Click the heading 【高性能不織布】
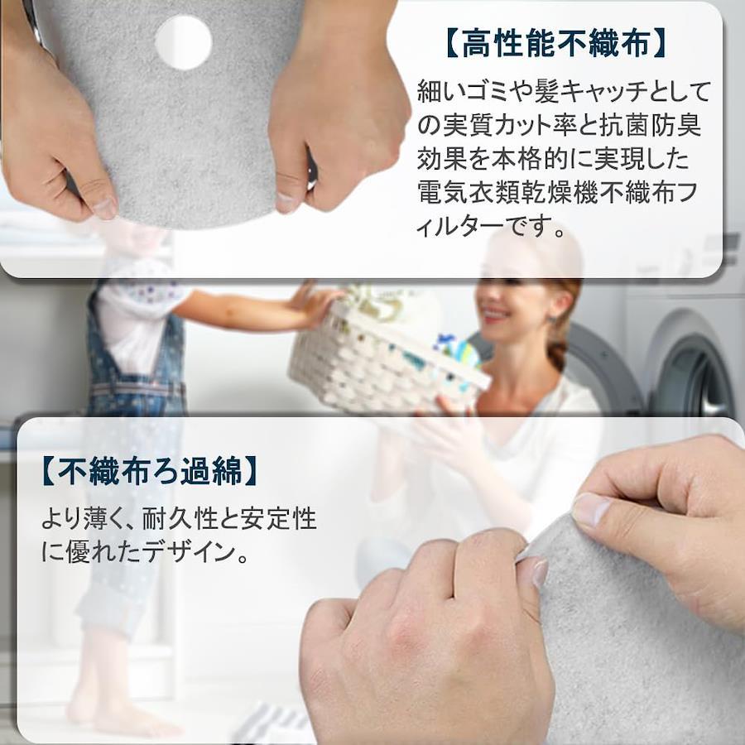point(555,44)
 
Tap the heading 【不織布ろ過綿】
point(150,471)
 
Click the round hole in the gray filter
point(184,42)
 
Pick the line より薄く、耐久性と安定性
point(179,519)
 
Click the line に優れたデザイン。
point(145,552)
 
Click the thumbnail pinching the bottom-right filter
point(589,510)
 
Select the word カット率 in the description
point(541,126)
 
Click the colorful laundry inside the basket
point(456,352)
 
